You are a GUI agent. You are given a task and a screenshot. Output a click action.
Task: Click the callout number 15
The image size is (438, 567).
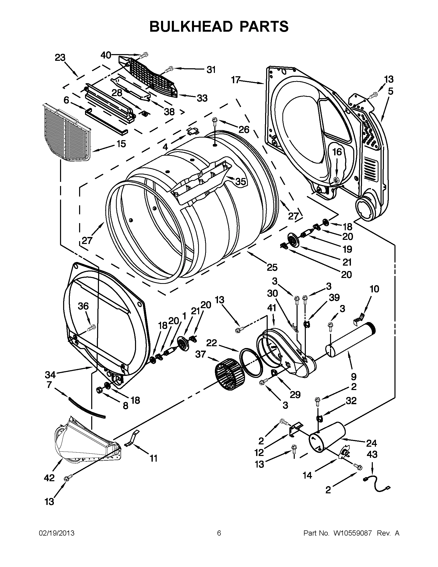(x=121, y=143)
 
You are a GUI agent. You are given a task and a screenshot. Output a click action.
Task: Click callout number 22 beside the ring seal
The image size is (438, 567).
(x=212, y=343)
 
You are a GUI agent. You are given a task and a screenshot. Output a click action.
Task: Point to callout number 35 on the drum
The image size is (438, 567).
(x=240, y=181)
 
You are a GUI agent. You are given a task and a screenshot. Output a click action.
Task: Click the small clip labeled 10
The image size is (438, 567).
(x=359, y=318)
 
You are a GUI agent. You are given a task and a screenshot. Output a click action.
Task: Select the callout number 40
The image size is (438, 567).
(x=106, y=55)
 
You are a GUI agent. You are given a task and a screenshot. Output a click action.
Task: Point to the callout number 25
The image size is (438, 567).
(x=272, y=267)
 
